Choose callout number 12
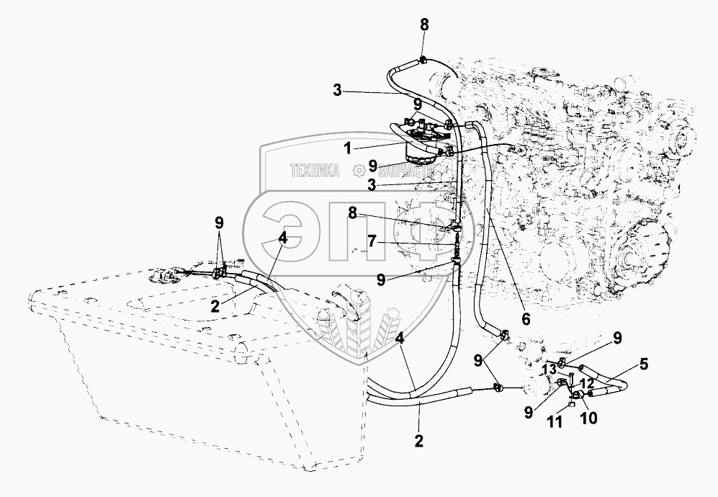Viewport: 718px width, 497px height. tap(586, 384)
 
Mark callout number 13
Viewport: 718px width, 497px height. tap(549, 369)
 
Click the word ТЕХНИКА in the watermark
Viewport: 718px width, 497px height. tap(315, 171)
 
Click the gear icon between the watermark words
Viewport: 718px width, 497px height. tap(358, 171)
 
